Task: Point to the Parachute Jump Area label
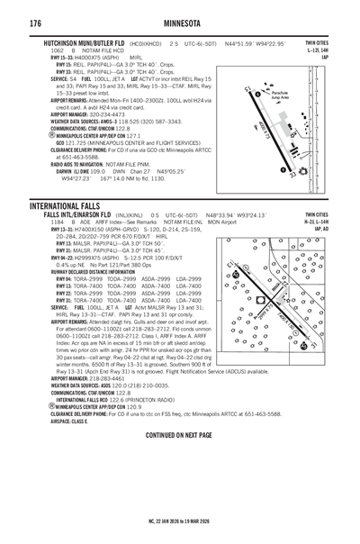tap(286, 94)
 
